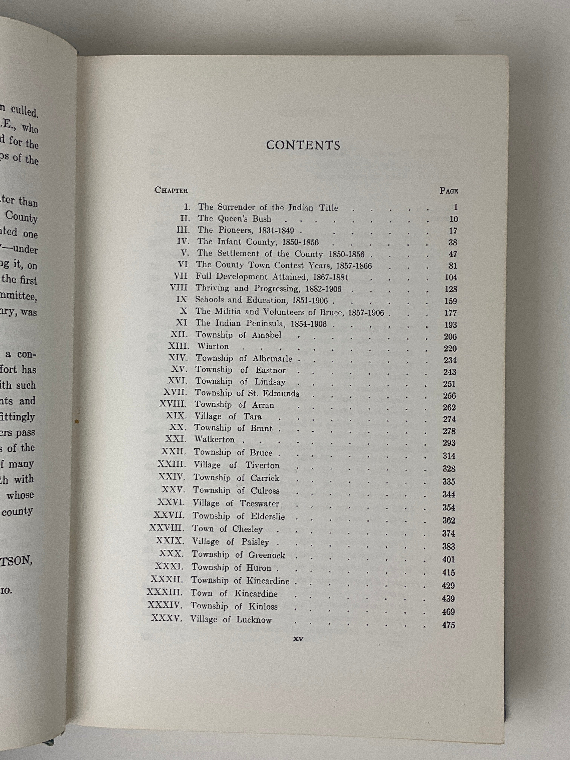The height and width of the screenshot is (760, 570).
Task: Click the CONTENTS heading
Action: pyautogui.click(x=303, y=145)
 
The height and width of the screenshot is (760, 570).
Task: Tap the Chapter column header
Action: pyautogui.click(x=171, y=190)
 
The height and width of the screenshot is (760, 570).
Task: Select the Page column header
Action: pyautogui.click(x=449, y=191)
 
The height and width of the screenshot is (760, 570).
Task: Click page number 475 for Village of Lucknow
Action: pyautogui.click(x=448, y=625)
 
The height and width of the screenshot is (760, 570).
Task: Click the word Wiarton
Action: pyautogui.click(x=213, y=346)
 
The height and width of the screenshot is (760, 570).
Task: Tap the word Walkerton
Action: pyautogui.click(x=214, y=439)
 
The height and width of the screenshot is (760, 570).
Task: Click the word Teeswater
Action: pyautogui.click(x=259, y=503)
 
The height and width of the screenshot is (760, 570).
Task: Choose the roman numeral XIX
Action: pyautogui.click(x=176, y=416)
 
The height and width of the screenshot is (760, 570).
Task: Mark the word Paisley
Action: pyautogui.click(x=255, y=542)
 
